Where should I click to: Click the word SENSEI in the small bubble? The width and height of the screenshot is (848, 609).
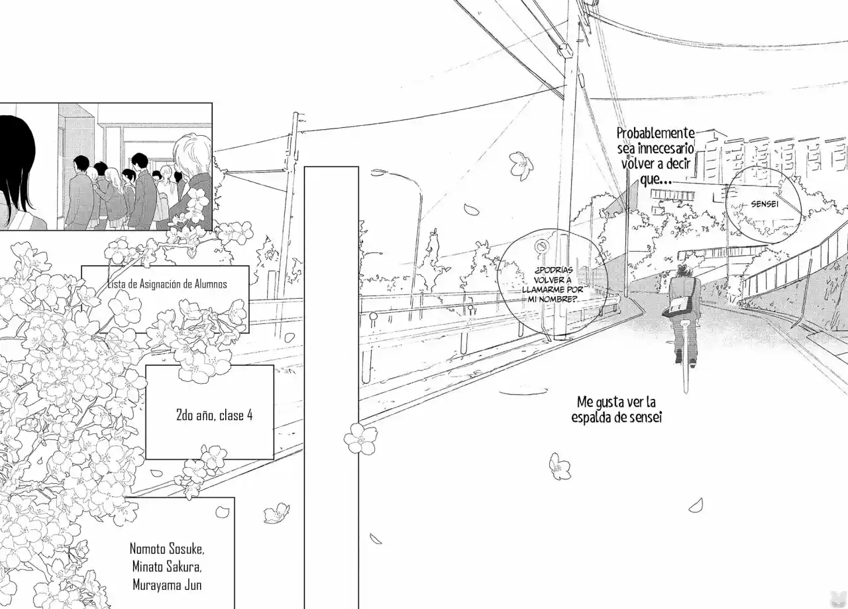765,204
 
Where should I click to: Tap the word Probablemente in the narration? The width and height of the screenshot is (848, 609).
656,133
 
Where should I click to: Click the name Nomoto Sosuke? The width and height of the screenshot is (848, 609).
167,549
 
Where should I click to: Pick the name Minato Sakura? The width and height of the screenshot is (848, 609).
167,567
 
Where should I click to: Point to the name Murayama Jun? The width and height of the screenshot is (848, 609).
167,585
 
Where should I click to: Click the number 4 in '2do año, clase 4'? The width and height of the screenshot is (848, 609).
250,415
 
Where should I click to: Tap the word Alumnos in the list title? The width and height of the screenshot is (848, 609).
211,284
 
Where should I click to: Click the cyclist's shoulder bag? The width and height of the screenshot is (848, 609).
678,305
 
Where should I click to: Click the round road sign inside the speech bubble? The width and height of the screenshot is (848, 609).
542,247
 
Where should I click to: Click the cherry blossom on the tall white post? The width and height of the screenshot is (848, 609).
360,438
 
